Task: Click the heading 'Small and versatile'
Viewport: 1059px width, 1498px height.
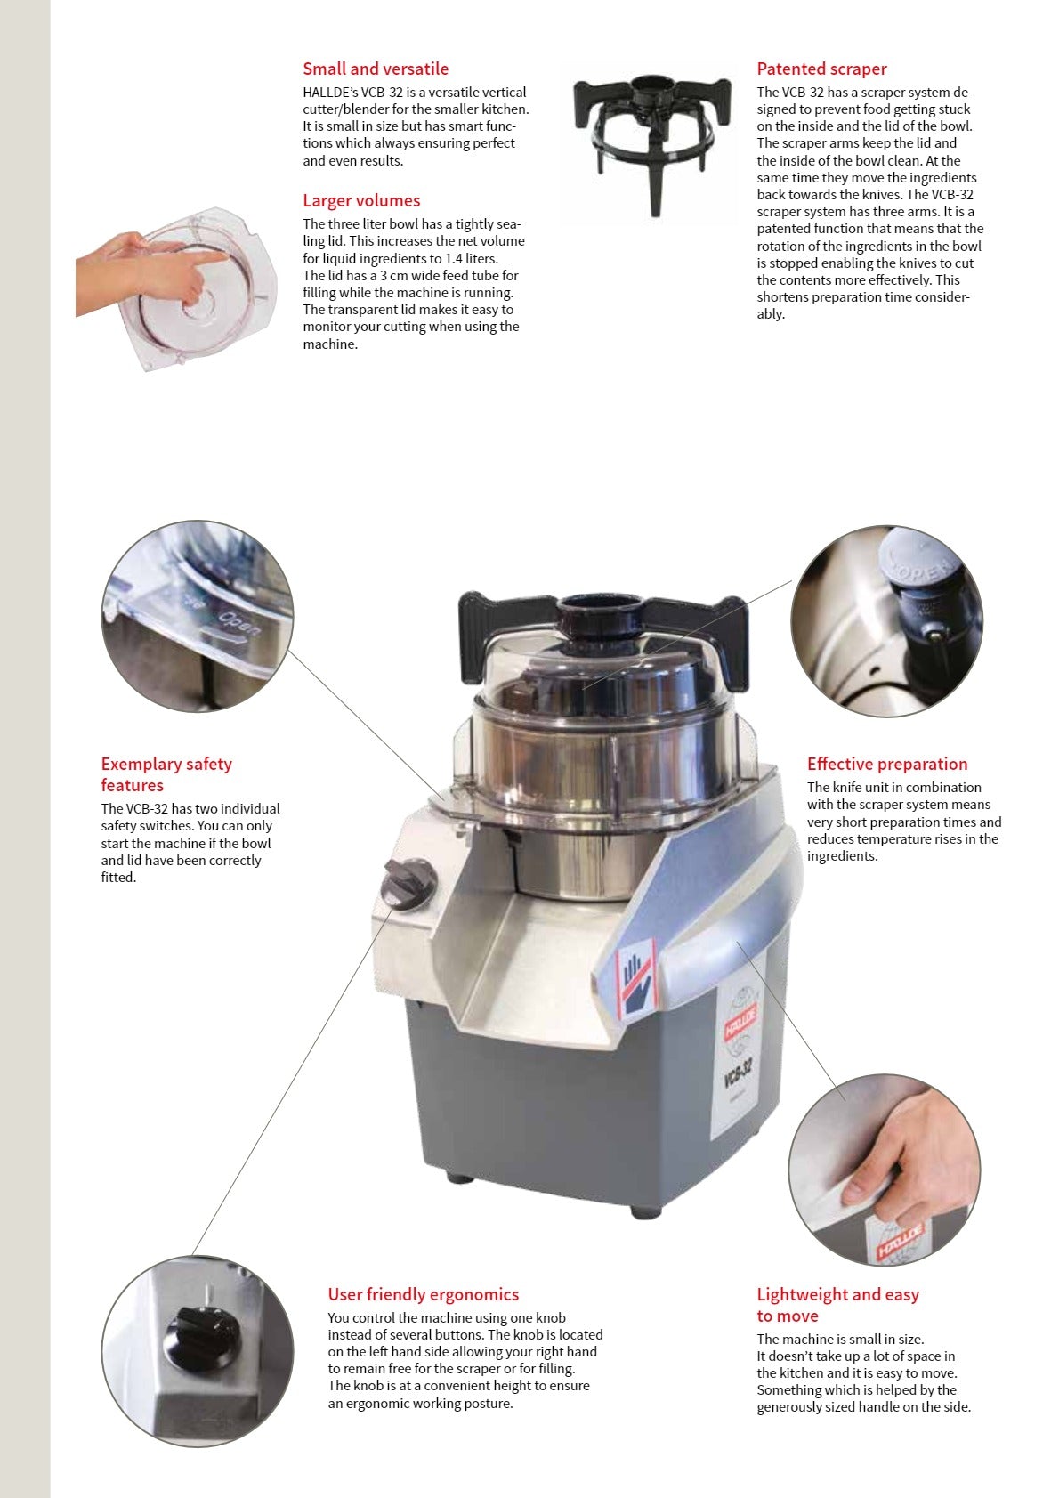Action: (x=375, y=69)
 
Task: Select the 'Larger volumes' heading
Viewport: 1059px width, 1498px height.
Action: (x=360, y=200)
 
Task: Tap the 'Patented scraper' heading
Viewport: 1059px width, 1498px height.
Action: (x=821, y=69)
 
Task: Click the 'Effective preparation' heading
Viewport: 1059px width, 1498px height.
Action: (x=886, y=764)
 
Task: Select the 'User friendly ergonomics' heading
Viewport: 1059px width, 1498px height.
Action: (x=423, y=1294)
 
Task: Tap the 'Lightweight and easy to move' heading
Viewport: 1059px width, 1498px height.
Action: (x=837, y=1305)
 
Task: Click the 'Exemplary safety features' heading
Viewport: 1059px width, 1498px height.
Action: (x=166, y=774)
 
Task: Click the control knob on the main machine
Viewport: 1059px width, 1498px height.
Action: (x=407, y=883)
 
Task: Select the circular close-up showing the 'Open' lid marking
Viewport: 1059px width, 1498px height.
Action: (x=197, y=617)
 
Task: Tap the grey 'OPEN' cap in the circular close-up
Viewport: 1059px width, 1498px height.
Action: (x=917, y=574)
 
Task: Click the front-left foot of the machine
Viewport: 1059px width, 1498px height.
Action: (x=460, y=1177)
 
